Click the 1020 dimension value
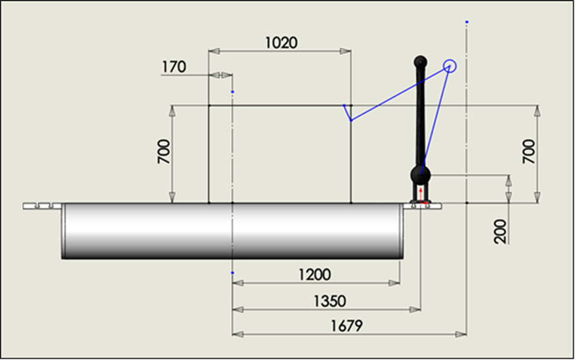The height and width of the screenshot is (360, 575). point(281,43)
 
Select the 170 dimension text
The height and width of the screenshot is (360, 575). point(173,66)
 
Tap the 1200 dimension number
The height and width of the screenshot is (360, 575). point(314,274)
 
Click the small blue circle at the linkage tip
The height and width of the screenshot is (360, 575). point(450,65)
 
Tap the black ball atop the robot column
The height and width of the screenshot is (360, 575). point(420,62)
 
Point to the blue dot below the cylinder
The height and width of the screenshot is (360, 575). point(233,272)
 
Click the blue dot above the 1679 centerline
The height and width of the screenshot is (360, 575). point(466,22)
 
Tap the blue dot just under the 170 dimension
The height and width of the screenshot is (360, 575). point(233,92)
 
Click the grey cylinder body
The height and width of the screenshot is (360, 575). point(230,231)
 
